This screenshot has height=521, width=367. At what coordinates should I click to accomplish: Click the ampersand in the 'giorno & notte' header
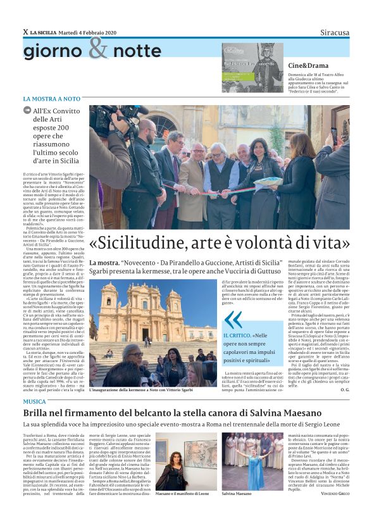(x=98, y=48)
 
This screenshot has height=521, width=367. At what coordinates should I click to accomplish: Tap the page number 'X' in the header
(x=25, y=32)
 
